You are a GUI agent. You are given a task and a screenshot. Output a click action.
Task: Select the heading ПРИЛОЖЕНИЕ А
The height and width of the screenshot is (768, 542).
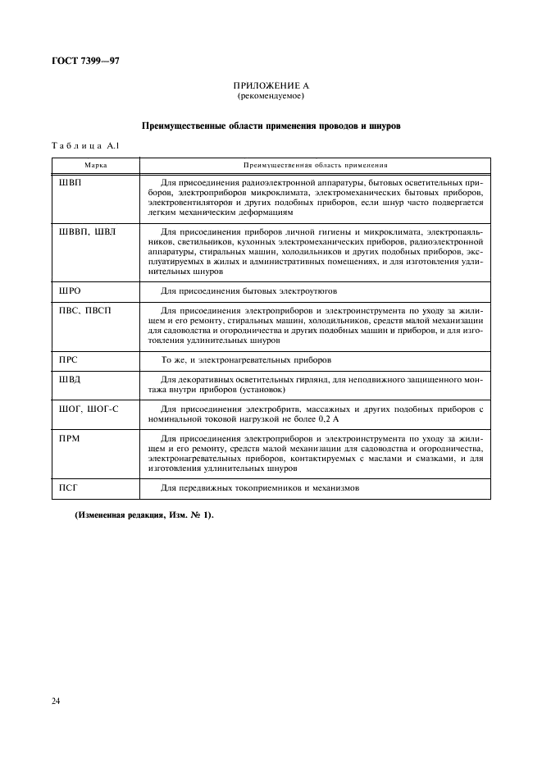tap(271, 85)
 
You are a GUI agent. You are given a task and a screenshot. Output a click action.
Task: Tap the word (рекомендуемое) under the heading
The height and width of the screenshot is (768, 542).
tap(271, 95)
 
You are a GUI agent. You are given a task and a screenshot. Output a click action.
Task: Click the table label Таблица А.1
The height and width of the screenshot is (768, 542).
tap(85, 146)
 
